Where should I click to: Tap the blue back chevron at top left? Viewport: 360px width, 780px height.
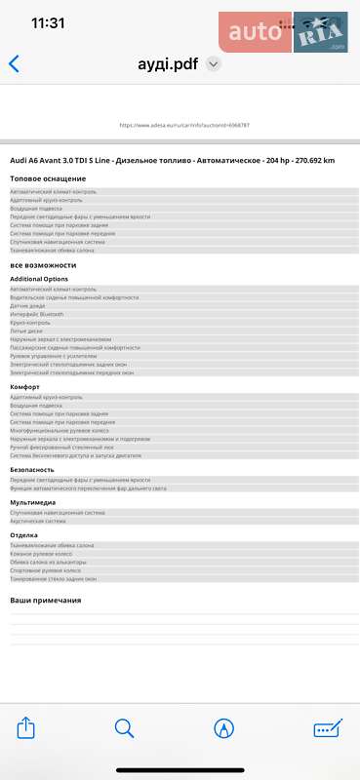14,64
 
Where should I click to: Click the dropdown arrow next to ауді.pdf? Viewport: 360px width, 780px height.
214,64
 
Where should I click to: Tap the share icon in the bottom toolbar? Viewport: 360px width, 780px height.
27,727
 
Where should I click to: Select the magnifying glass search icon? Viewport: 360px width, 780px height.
124,727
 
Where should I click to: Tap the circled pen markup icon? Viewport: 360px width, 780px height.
224,727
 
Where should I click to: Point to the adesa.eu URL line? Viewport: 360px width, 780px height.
183,126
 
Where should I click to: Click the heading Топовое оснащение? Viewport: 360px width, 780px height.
48,178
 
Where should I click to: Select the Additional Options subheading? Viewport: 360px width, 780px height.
39,279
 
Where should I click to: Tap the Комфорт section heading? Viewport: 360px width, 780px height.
24,387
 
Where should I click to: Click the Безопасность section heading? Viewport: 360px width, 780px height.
32,469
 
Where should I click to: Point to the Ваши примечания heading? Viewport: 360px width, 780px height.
46,601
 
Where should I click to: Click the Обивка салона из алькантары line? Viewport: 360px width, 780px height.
49,563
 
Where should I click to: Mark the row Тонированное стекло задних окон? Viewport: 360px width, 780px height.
54,579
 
